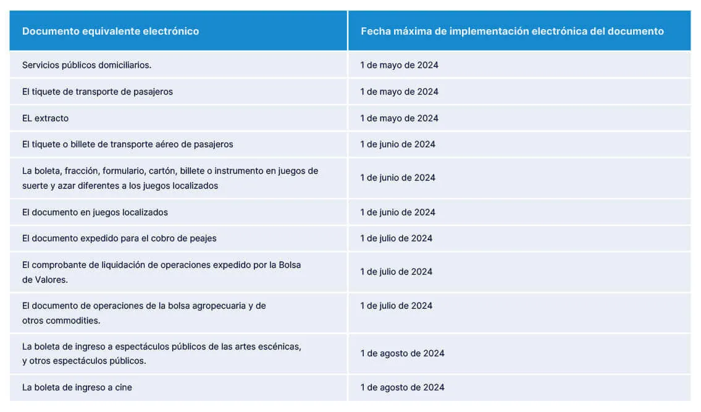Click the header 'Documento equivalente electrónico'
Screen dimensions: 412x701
click(x=111, y=31)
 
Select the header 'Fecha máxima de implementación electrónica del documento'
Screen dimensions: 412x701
click(x=512, y=31)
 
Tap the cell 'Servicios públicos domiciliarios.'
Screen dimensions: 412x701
click(x=86, y=65)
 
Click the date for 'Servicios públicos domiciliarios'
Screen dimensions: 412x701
click(x=399, y=65)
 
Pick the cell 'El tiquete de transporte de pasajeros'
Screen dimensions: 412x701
click(x=97, y=92)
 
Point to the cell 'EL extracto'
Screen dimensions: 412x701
click(x=45, y=118)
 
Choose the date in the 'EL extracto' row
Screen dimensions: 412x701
click(x=399, y=118)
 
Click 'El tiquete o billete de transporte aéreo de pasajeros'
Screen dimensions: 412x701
click(x=127, y=144)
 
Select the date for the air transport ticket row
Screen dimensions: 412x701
click(x=398, y=144)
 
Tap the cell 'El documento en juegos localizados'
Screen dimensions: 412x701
click(x=94, y=212)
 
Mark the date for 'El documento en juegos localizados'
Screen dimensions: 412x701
click(x=398, y=212)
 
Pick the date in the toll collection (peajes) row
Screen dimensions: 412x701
click(x=396, y=238)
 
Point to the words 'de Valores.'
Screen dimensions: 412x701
click(x=45, y=280)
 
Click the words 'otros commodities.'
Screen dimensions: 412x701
click(x=61, y=320)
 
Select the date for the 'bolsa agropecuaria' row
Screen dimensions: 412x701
click(x=396, y=306)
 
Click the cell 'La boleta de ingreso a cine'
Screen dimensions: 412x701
click(x=77, y=387)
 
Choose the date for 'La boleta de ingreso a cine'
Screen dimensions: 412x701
click(x=402, y=387)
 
